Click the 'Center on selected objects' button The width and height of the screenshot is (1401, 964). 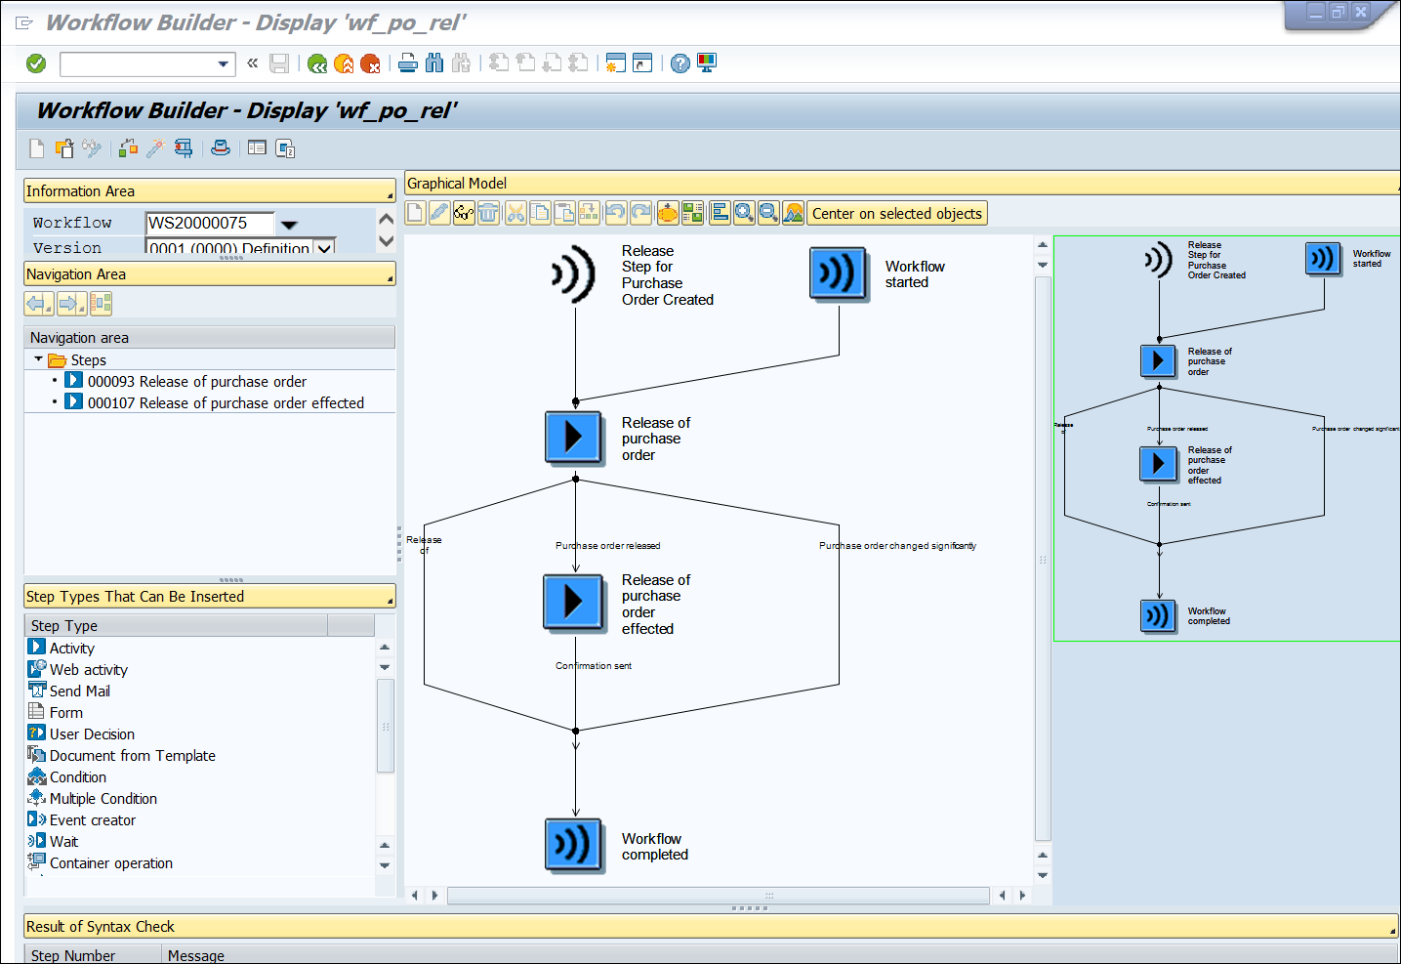[x=896, y=214]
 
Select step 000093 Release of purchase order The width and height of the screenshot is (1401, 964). [x=196, y=382]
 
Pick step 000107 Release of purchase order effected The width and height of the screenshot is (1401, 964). [x=225, y=403]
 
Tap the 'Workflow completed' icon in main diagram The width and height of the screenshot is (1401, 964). [x=574, y=844]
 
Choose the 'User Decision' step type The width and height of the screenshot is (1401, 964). [x=92, y=734]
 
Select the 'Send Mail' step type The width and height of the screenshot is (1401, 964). [x=79, y=692]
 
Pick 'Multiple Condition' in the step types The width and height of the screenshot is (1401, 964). [x=103, y=799]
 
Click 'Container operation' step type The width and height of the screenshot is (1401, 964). [x=110, y=863]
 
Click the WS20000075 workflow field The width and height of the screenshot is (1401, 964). [x=209, y=223]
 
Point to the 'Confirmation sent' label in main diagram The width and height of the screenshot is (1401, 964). [x=594, y=666]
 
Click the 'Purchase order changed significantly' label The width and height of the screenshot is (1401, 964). [x=897, y=546]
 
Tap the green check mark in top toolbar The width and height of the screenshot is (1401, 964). [x=36, y=63]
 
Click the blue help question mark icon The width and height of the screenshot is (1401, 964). [x=680, y=63]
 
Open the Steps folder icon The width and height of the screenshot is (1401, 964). [x=58, y=360]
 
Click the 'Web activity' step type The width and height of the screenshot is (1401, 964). [x=88, y=670]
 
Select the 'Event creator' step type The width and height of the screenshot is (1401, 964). [x=92, y=820]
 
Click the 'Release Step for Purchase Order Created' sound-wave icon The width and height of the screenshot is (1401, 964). [x=574, y=273]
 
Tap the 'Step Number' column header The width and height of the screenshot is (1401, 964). [x=73, y=955]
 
